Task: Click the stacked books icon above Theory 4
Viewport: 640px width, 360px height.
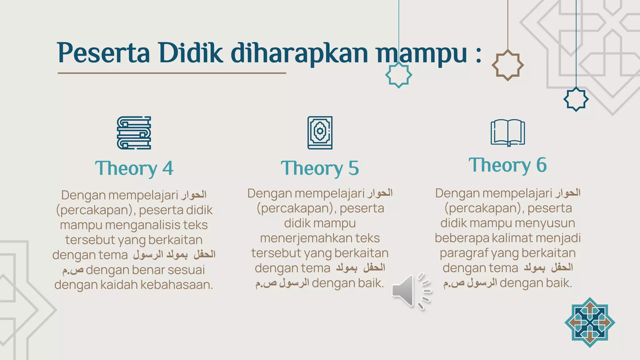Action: (134, 133)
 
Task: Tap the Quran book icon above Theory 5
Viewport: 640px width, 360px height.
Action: (320, 133)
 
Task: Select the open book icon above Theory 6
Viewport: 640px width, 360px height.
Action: (508, 133)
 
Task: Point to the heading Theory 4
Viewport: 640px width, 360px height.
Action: (134, 168)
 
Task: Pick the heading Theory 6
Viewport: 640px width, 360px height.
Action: (508, 165)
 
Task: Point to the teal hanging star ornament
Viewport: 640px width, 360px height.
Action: (398, 75)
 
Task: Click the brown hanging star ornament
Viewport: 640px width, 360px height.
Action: (507, 65)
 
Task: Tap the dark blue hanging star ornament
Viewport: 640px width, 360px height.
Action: (576, 99)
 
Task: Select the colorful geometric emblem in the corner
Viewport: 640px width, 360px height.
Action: (590, 322)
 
